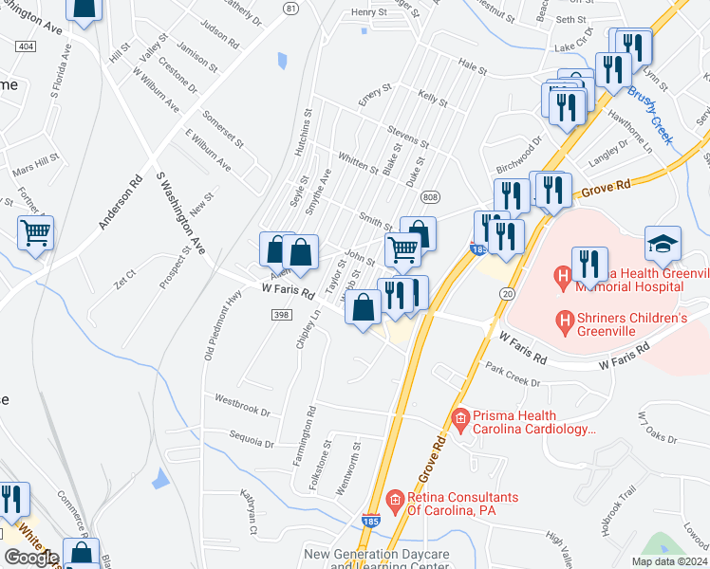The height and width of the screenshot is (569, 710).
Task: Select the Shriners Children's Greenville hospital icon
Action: (x=565, y=324)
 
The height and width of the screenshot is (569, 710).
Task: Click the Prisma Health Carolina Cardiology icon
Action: (x=461, y=417)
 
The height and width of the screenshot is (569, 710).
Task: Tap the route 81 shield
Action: (x=290, y=8)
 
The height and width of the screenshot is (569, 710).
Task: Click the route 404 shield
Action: (x=26, y=46)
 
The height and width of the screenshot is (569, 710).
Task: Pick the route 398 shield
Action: (x=281, y=315)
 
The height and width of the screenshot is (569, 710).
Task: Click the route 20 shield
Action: (x=504, y=296)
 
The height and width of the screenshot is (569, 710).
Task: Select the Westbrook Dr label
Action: (x=242, y=406)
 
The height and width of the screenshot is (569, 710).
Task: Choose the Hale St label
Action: (x=472, y=70)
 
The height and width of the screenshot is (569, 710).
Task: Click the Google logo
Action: (x=31, y=558)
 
